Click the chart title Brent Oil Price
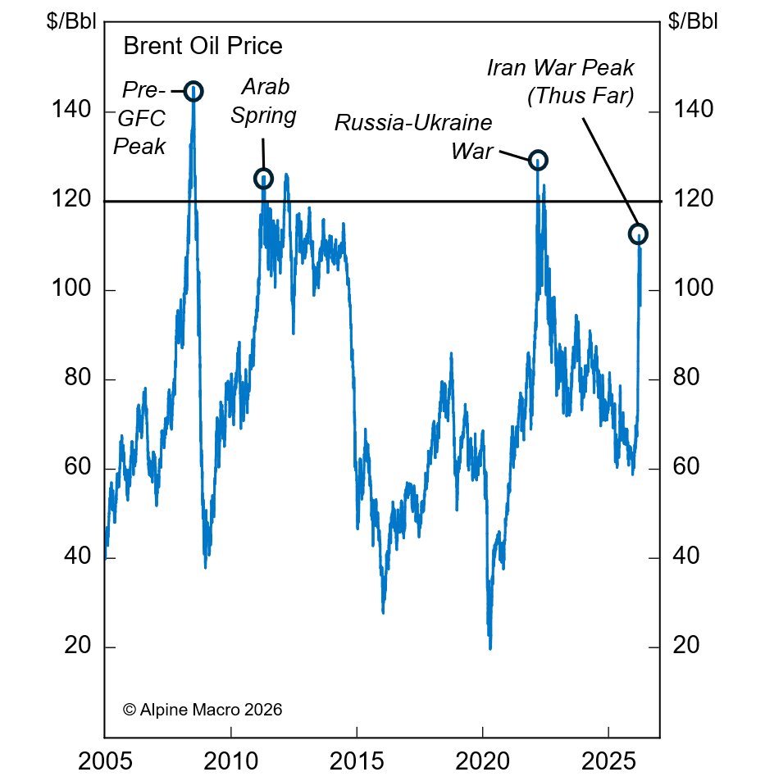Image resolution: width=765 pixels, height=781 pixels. tap(203, 46)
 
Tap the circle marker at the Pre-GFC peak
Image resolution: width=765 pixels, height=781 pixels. tap(194, 90)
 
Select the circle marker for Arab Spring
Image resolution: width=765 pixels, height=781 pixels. tap(263, 178)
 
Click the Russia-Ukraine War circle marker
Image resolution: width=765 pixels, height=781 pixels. tap(538, 160)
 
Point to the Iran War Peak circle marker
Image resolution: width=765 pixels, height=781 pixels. tap(638, 234)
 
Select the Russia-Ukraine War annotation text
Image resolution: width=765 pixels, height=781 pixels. tap(413, 137)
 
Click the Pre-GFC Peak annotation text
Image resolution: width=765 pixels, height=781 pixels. tap(140, 118)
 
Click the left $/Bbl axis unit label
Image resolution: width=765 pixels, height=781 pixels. tap(72, 21)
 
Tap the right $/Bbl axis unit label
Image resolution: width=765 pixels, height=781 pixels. tap(693, 21)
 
